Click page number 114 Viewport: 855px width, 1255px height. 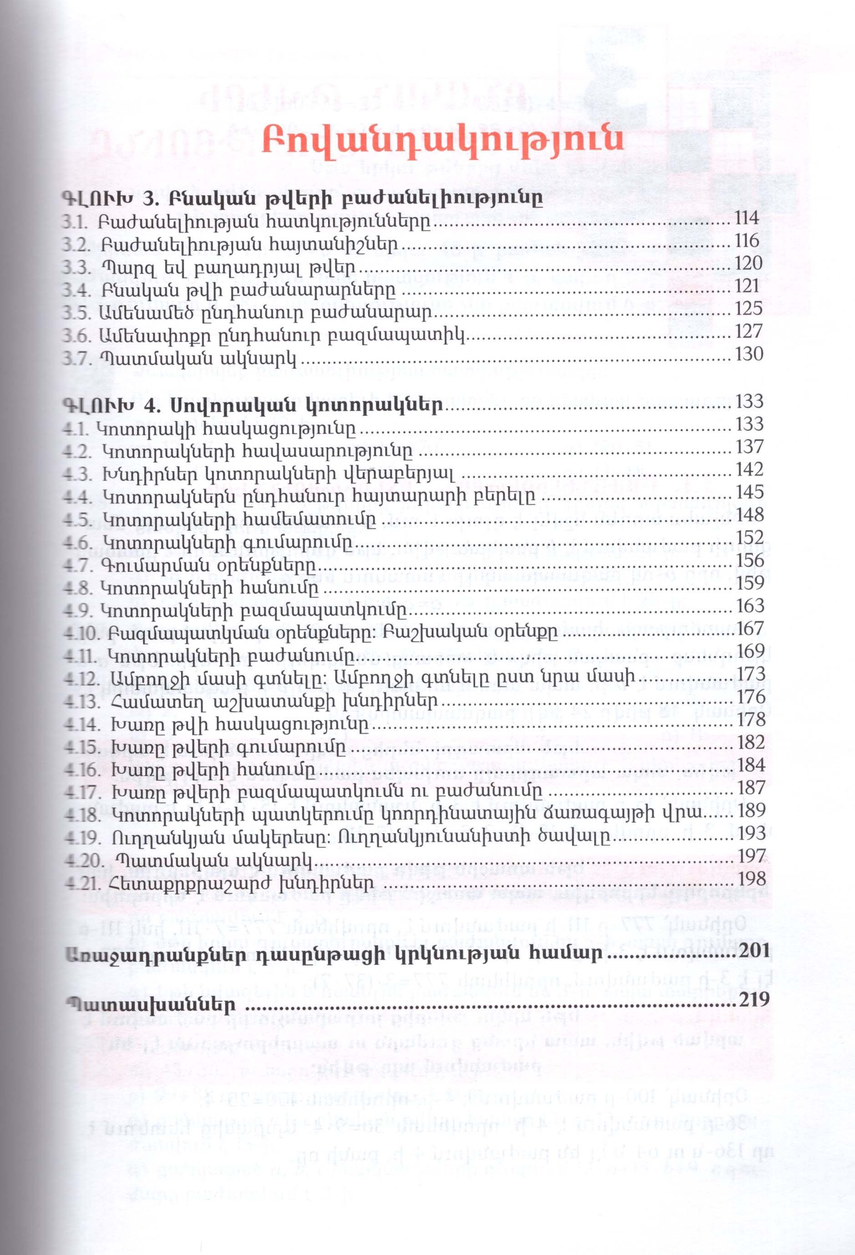click(x=747, y=218)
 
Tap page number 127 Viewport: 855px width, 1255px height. click(x=748, y=331)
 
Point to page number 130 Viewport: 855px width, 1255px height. click(x=748, y=354)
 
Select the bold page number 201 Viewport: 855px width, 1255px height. click(x=754, y=953)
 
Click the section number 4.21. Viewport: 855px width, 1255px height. click(x=81, y=883)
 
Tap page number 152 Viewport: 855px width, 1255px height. click(x=750, y=538)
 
